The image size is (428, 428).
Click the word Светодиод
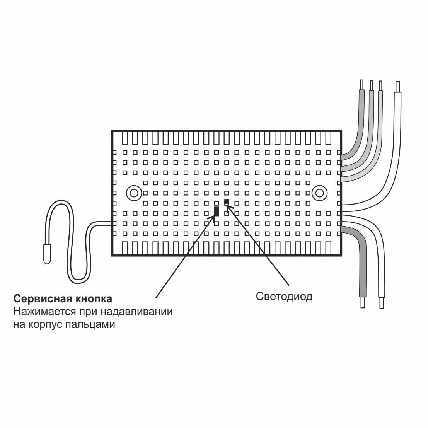point(284,297)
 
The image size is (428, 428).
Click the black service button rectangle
point(217,211)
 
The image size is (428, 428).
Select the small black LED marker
point(227,201)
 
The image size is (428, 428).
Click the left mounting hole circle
point(134,192)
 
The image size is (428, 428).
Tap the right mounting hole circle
point(319,192)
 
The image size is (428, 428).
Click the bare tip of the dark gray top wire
point(362,85)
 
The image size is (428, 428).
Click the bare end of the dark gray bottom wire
point(363,302)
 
